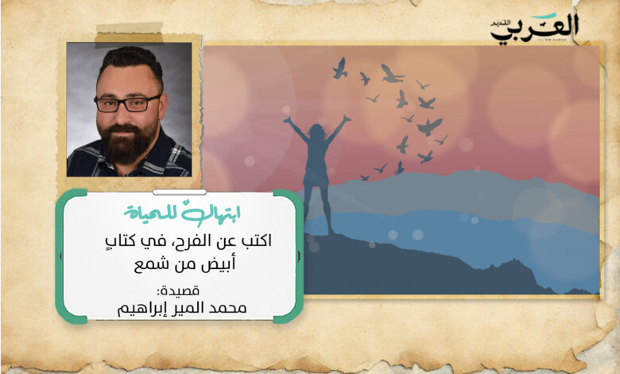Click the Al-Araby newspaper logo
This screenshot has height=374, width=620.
point(535,29)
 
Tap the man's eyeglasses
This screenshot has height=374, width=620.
point(127,103)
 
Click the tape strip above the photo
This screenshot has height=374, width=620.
point(129,33)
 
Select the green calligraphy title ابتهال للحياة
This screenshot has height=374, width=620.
point(182,214)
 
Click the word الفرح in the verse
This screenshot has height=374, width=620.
point(214,241)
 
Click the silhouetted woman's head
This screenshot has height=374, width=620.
point(316,132)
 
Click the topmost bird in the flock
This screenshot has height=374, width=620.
point(339,68)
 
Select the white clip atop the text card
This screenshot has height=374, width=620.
point(180,193)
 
